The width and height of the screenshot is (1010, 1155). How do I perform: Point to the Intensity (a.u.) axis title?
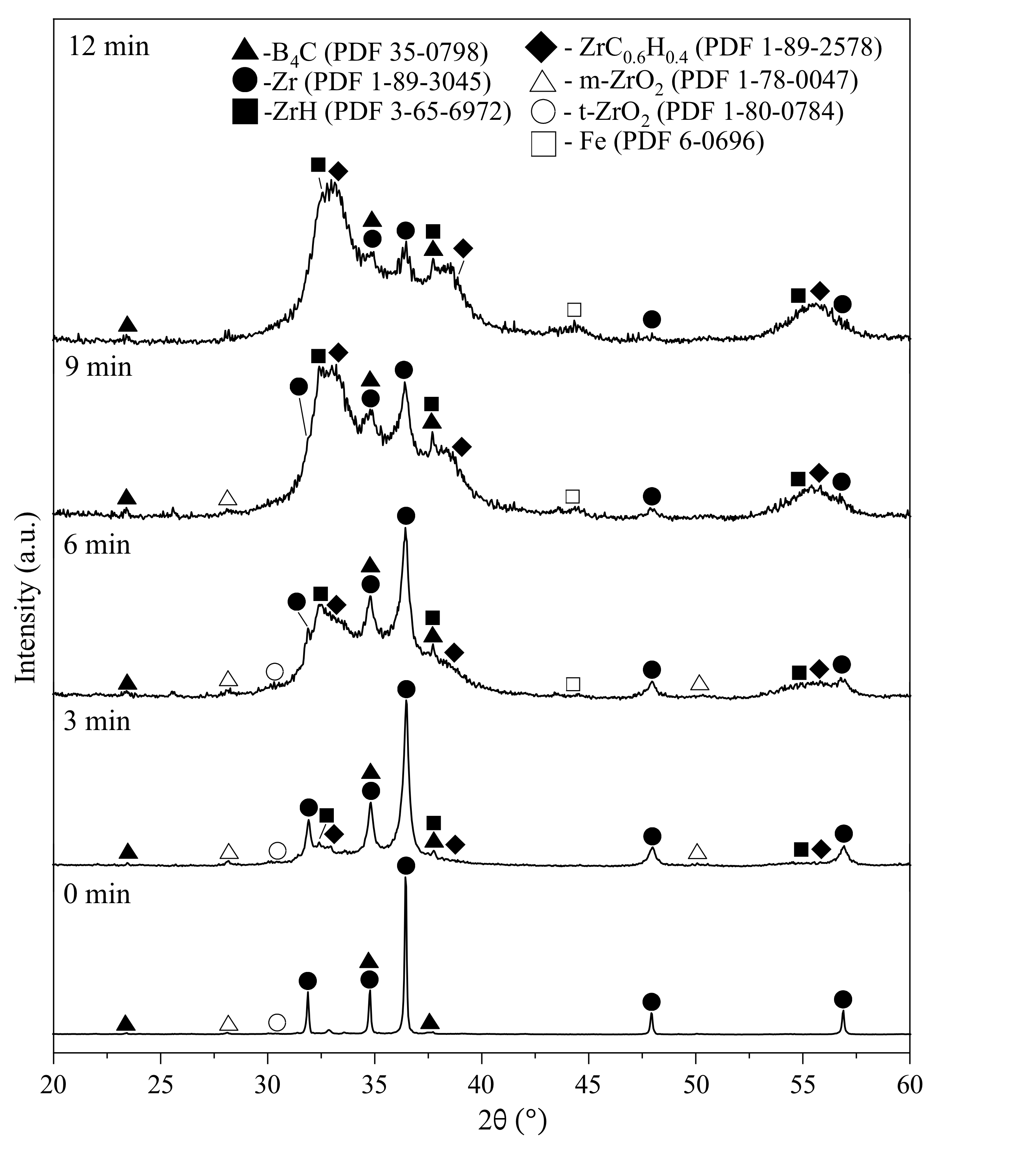click(26, 598)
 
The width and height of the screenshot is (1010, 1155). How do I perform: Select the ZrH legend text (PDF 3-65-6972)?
click(387, 112)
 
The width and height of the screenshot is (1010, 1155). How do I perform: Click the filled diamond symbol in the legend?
click(543, 48)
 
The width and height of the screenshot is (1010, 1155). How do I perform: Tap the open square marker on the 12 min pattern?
click(574, 310)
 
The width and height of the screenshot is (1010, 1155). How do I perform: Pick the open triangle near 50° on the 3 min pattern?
click(698, 852)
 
